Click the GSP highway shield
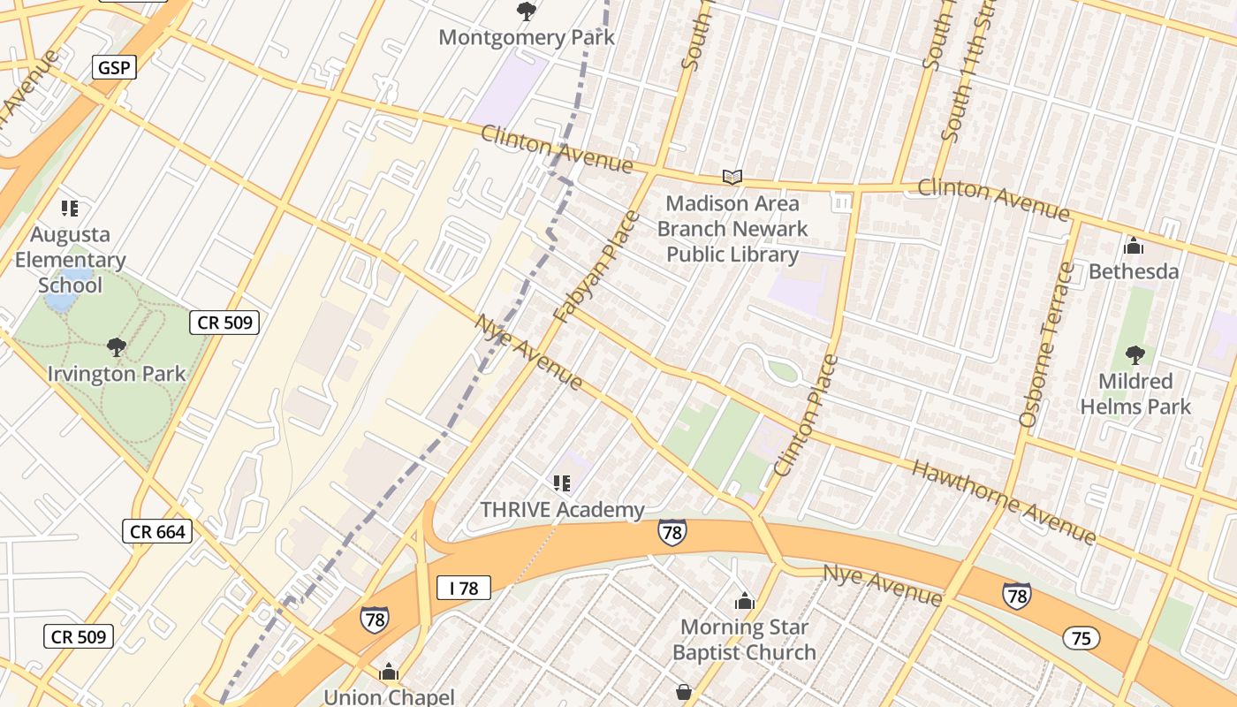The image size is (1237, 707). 115,67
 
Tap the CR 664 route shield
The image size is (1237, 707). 156,531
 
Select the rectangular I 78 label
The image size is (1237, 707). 463,588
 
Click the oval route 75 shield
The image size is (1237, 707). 1082,638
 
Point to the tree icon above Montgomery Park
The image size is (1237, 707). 527,11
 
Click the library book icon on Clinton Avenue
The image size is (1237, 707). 732,177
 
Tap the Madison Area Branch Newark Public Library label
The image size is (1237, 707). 732,229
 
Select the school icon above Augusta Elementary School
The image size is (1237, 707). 70,209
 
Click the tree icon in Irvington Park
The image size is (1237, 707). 116,347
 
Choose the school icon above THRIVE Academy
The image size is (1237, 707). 562,483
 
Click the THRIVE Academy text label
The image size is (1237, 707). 562,510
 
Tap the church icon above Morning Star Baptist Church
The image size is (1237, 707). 744,602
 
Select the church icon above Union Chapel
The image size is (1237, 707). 389,673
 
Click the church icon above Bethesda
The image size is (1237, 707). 1133,246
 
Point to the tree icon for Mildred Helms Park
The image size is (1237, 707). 1135,355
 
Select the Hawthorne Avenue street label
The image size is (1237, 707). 1004,501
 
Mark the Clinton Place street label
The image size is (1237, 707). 805,415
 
